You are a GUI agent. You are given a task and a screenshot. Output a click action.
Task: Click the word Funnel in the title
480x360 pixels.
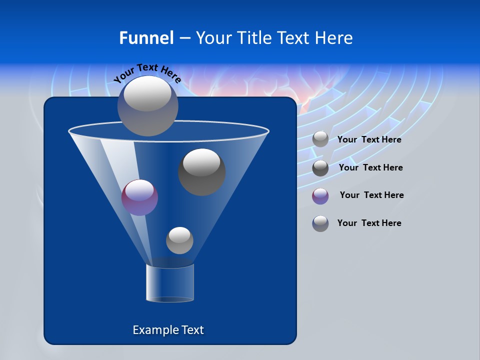pyautogui.click(x=146, y=38)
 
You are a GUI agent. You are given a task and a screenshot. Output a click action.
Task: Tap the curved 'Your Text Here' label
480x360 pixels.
pyautogui.click(x=147, y=73)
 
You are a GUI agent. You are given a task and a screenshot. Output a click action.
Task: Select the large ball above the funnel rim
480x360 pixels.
pyautogui.click(x=148, y=105)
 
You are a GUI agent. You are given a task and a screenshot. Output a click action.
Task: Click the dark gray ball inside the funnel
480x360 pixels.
pyautogui.click(x=202, y=172)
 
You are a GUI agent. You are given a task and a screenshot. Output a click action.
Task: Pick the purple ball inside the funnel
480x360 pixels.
pyautogui.click(x=139, y=198)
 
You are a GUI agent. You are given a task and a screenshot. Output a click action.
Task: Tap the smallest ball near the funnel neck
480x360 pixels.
pyautogui.click(x=179, y=240)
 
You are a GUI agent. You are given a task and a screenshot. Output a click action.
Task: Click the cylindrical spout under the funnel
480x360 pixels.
pyautogui.click(x=170, y=283)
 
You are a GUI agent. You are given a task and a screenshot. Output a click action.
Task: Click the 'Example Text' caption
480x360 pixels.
pyautogui.click(x=168, y=330)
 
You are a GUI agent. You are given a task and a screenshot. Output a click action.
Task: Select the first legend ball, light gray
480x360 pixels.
pyautogui.click(x=320, y=139)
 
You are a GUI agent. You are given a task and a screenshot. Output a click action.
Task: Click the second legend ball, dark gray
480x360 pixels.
pyautogui.click(x=320, y=168)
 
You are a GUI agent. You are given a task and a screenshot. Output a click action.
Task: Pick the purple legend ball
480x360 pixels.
pyautogui.click(x=320, y=196)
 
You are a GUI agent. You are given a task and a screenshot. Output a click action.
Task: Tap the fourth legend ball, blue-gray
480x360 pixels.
pyautogui.click(x=320, y=223)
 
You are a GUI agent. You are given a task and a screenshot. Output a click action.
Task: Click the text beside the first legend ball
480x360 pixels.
pyautogui.click(x=369, y=140)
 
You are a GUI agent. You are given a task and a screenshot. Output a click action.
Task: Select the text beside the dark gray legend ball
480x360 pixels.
pyautogui.click(x=370, y=168)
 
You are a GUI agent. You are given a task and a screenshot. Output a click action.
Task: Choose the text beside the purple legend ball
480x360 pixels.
pyautogui.click(x=371, y=195)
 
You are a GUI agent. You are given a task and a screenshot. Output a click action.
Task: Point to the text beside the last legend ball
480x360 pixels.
pyautogui.click(x=369, y=223)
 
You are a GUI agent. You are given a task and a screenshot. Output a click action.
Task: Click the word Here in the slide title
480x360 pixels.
pyautogui.click(x=334, y=38)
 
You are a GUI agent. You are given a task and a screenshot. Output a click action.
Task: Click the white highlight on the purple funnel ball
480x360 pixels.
pyautogui.click(x=139, y=189)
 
